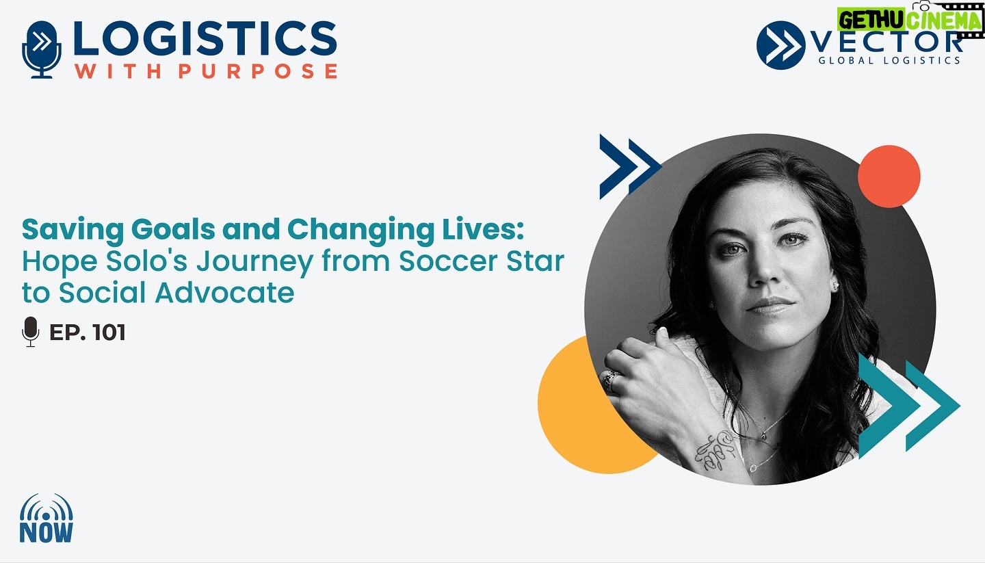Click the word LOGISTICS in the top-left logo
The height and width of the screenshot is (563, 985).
point(205,39)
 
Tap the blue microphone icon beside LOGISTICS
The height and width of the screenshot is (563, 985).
point(41,49)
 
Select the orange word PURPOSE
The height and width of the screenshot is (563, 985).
point(258,71)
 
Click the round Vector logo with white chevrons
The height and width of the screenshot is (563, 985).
point(780,45)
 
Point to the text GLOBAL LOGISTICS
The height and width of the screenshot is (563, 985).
point(889,60)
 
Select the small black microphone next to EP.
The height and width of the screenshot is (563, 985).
point(30,332)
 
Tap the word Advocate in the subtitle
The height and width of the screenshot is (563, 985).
point(224,293)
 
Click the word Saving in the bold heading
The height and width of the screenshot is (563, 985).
point(73,230)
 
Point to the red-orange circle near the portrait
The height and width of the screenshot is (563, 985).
point(889,176)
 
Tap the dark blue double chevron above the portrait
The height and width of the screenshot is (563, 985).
point(630,166)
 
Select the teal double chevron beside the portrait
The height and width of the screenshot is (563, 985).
point(908,406)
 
